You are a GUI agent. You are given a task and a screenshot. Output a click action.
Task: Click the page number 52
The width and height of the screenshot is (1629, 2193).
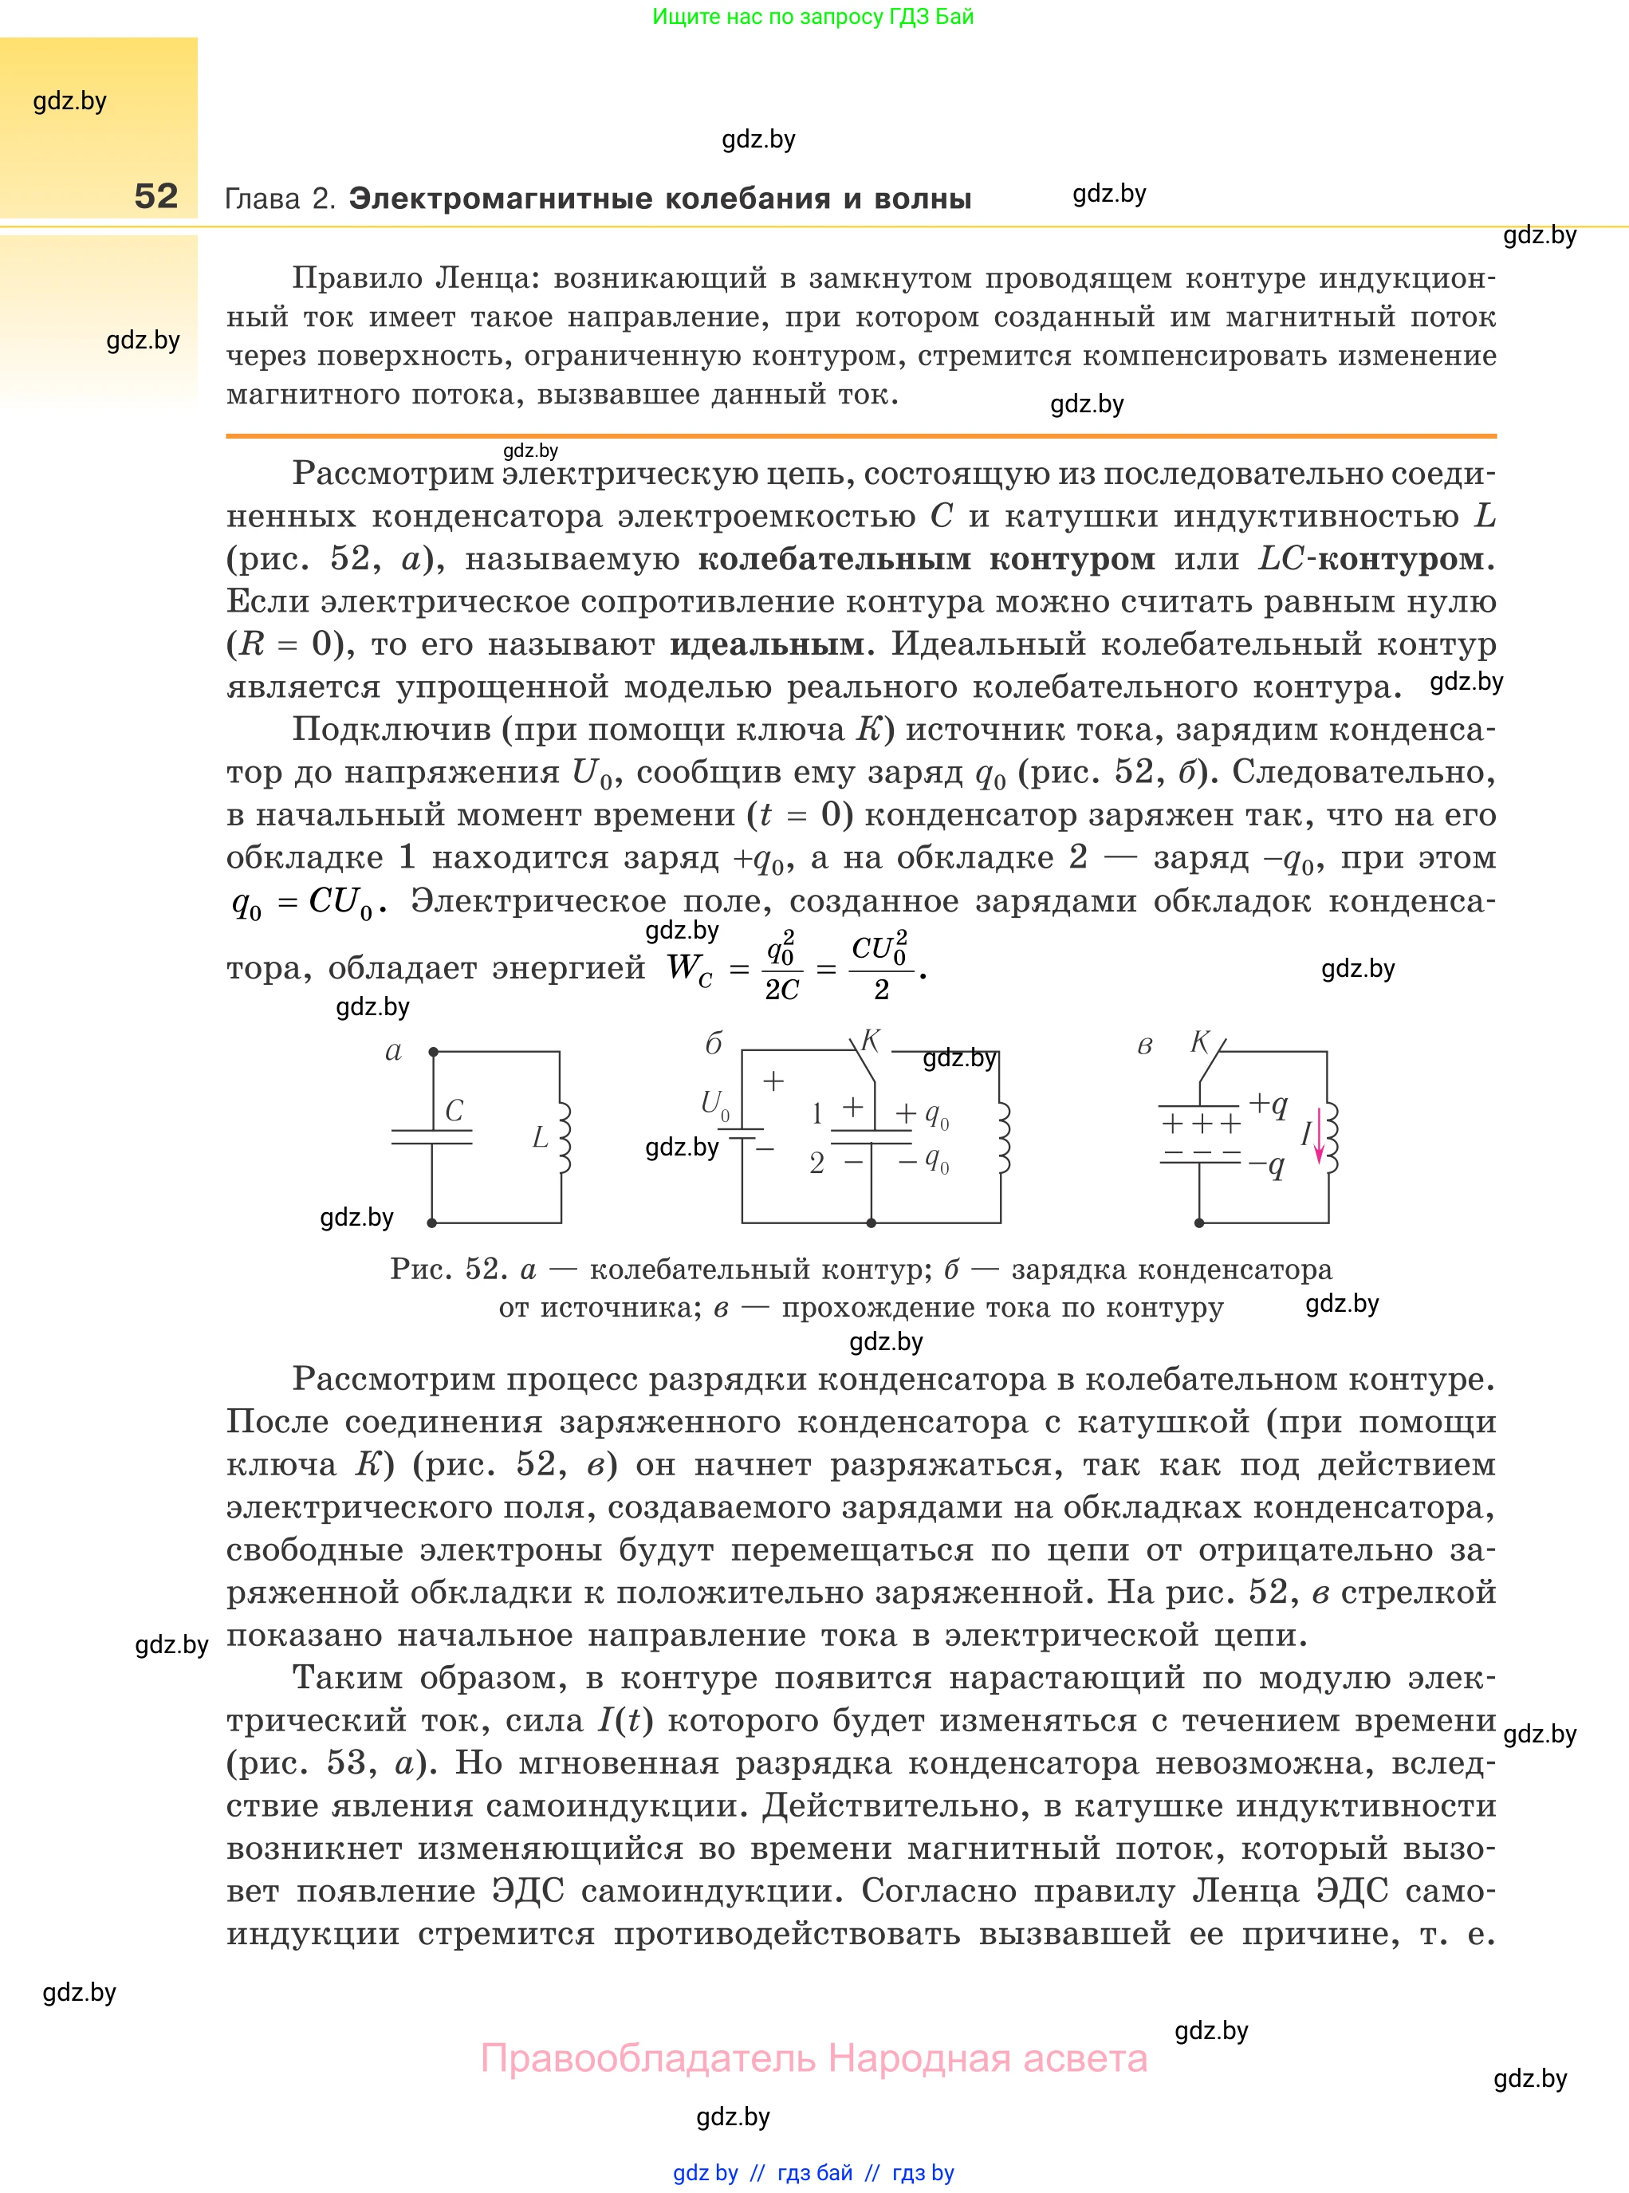pyautogui.click(x=155, y=196)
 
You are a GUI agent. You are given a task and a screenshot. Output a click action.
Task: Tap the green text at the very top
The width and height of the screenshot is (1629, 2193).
pyautogui.click(x=813, y=17)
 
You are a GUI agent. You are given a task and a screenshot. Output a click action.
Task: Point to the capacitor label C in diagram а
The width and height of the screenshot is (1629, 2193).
pyautogui.click(x=454, y=1110)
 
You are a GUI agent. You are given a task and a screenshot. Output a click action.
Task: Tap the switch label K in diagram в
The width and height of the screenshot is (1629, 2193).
pyautogui.click(x=1200, y=1041)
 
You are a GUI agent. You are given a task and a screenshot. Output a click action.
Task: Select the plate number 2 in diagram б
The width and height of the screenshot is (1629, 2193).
pyautogui.click(x=816, y=1163)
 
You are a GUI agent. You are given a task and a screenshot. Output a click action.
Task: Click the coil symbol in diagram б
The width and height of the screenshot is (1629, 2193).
pyautogui.click(x=1003, y=1138)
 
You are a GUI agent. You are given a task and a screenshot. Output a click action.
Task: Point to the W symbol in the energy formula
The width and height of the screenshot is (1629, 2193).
pyautogui.click(x=683, y=967)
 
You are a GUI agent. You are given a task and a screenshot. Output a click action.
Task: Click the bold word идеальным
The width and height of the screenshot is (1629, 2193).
pyautogui.click(x=766, y=645)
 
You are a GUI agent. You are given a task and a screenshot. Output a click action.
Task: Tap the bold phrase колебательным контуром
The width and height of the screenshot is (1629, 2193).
pyautogui.click(x=926, y=559)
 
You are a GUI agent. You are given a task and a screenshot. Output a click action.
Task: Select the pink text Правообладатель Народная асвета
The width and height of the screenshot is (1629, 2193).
pyautogui.click(x=813, y=2059)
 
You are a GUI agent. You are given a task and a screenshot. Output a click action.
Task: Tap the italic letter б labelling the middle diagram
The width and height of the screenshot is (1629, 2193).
pyautogui.click(x=714, y=1044)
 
